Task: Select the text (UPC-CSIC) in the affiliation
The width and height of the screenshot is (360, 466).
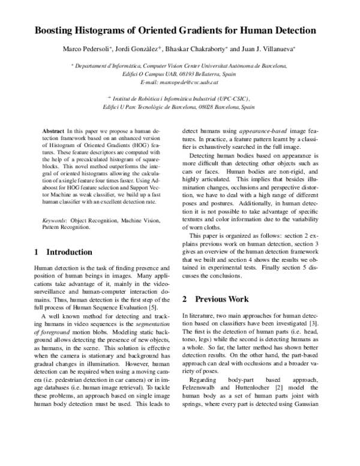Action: point(233,98)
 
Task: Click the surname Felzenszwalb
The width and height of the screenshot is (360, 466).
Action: point(205,371)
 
